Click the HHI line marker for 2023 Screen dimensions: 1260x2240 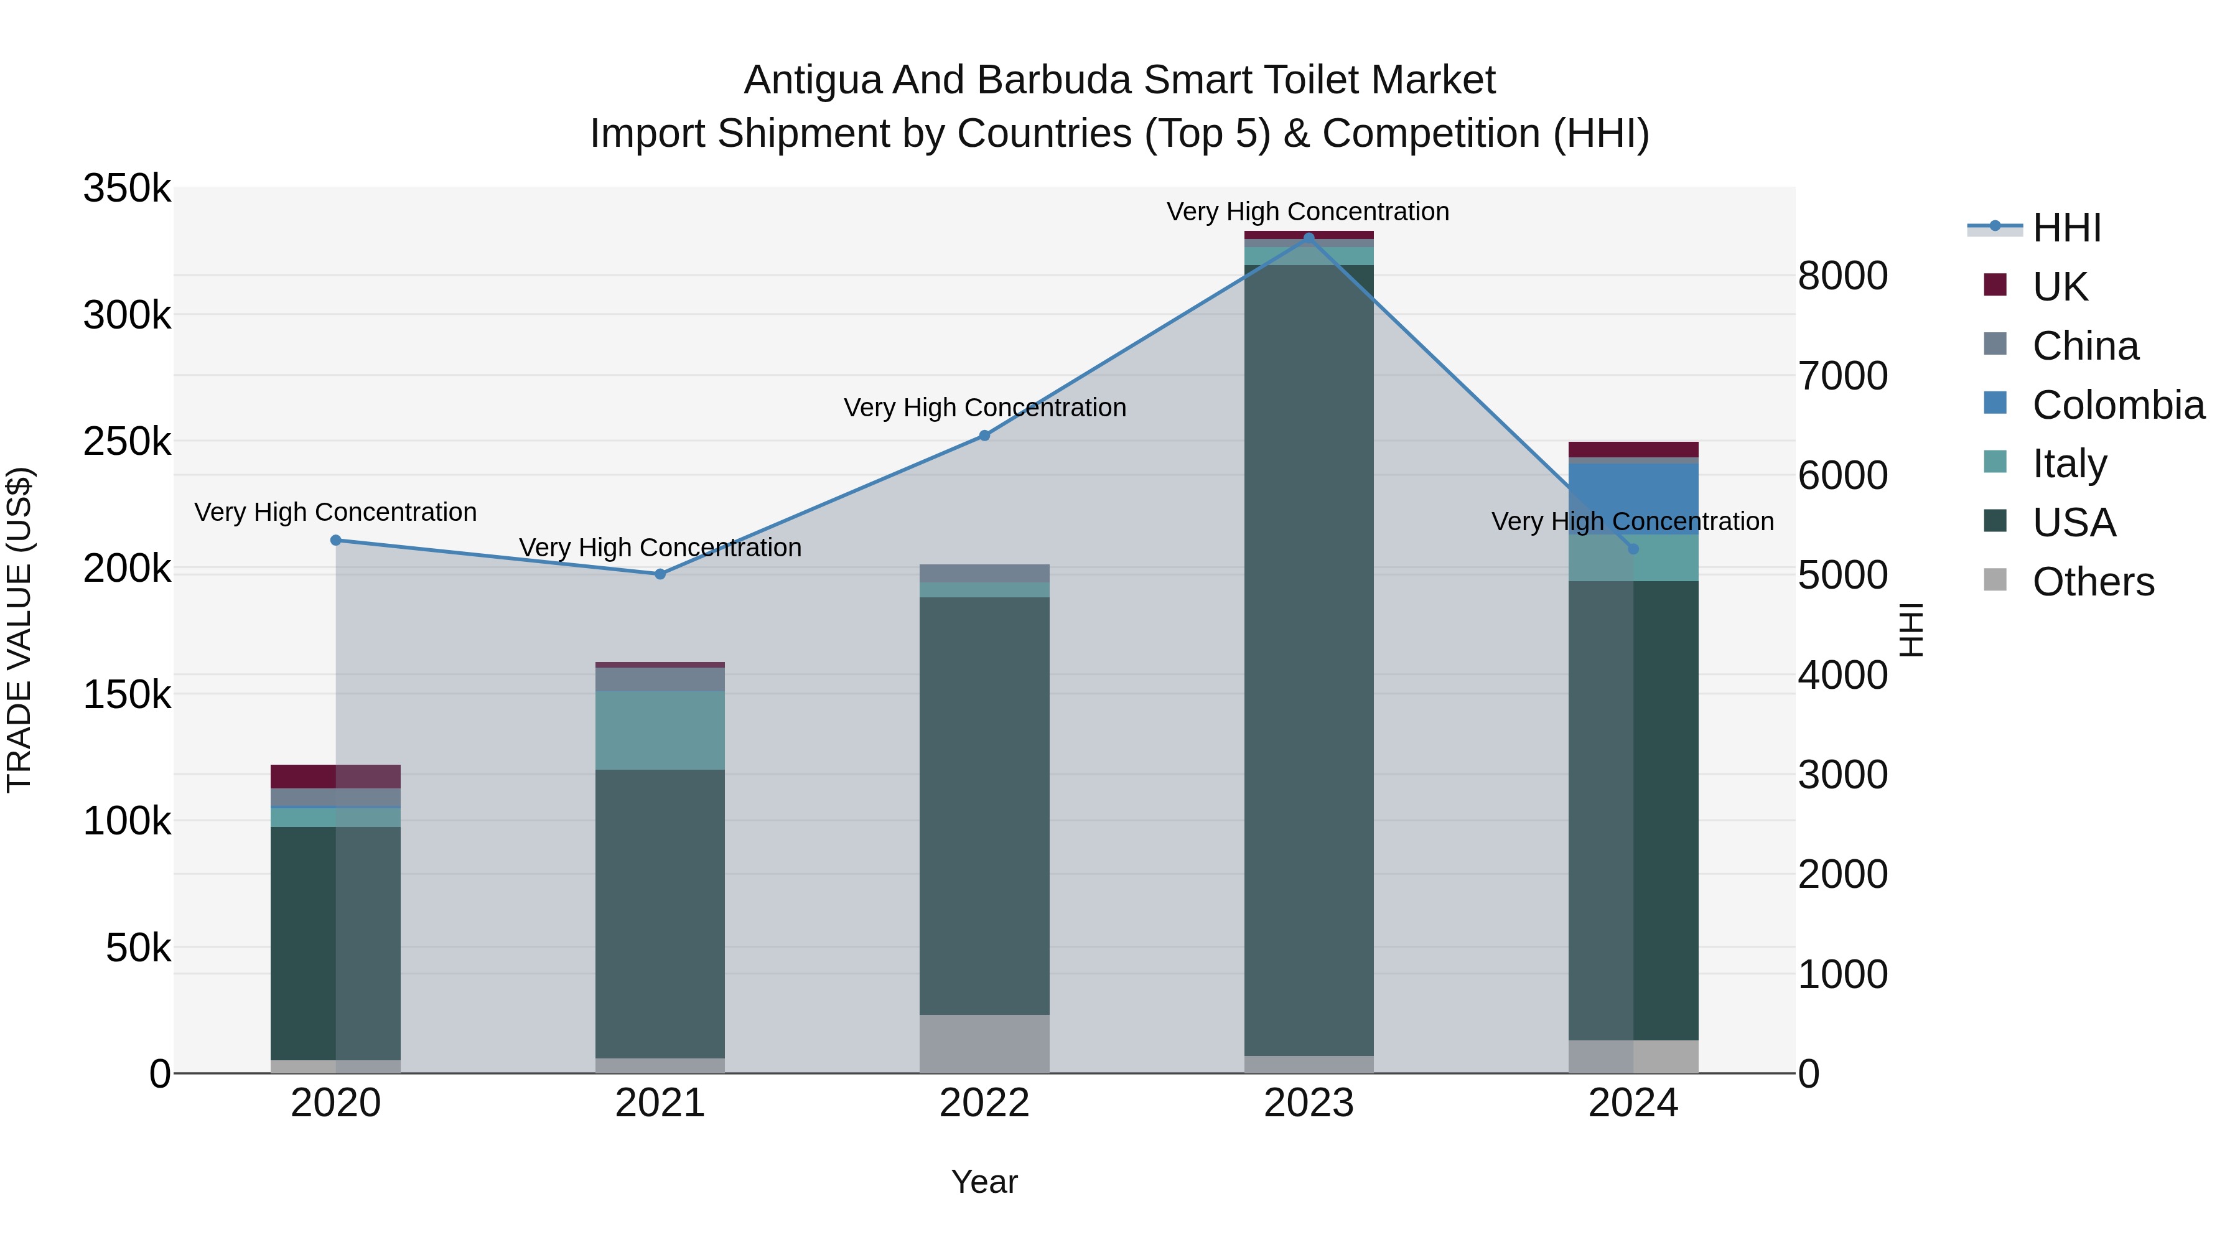tap(1309, 238)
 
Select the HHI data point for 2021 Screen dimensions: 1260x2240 tap(660, 574)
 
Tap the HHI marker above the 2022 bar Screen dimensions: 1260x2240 tap(984, 436)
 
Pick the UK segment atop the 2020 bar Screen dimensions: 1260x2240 tap(335, 777)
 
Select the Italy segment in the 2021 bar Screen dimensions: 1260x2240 tap(660, 730)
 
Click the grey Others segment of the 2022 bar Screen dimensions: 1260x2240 tap(984, 1043)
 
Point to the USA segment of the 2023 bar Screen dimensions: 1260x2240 tap(1309, 661)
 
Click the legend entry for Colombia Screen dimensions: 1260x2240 tap(2117, 405)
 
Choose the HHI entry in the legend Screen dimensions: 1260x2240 tap(2066, 228)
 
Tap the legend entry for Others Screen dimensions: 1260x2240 tap(2092, 582)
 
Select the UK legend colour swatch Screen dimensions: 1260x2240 tap(1995, 285)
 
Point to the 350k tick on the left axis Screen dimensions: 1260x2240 tap(127, 189)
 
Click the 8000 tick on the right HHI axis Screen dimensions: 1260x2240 tap(1842, 276)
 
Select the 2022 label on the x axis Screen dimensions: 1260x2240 tap(984, 1103)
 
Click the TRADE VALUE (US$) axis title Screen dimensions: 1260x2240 tap(19, 630)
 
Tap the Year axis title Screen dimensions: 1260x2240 tap(984, 1182)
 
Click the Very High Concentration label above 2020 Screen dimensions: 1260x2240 tap(335, 512)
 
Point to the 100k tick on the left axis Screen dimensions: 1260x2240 tap(127, 821)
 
